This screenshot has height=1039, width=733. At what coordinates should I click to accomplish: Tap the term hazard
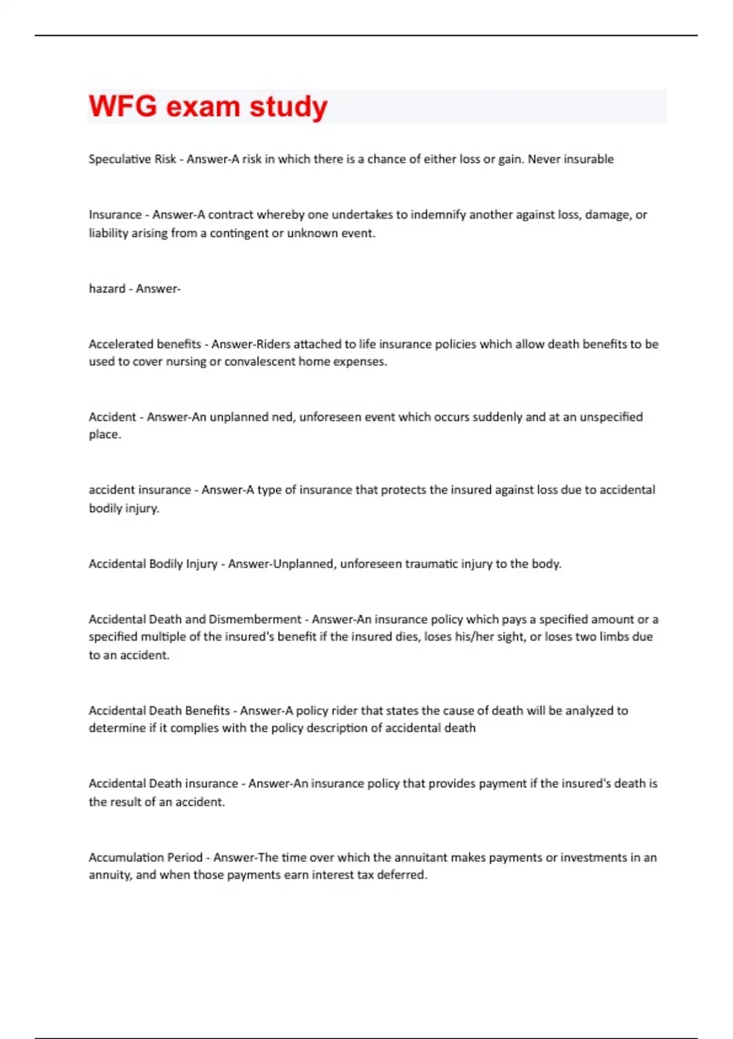pos(107,288)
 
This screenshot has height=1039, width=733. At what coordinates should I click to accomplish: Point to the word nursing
pos(186,362)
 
